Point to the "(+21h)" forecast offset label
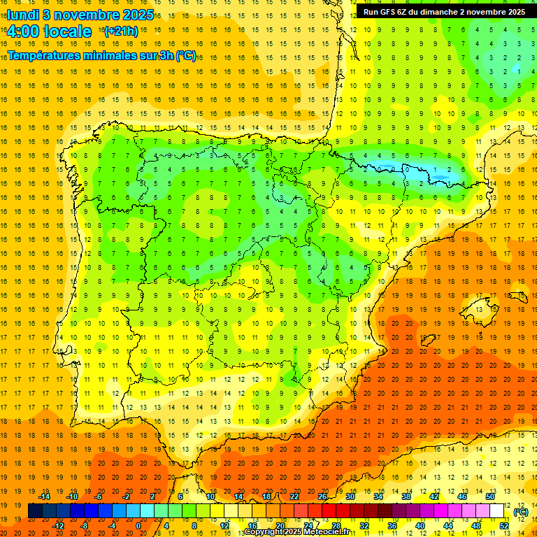click(120, 31)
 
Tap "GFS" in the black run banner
click(389, 12)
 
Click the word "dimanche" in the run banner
click(440, 12)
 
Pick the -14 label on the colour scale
click(44, 496)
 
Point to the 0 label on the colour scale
click(138, 526)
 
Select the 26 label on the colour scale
click(322, 496)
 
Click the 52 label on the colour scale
click(504, 526)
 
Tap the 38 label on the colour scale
click(406, 496)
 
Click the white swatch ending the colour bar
click(497, 511)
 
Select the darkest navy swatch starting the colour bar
click(35, 511)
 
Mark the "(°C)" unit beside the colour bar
click(520, 512)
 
